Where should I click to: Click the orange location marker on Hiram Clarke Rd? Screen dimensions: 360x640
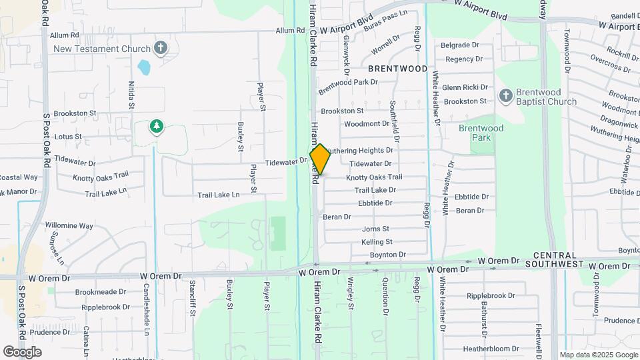320,159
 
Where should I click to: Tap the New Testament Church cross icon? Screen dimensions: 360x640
160,48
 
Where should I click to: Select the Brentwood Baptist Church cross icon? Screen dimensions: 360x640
505,97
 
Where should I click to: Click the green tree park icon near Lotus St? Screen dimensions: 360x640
157,127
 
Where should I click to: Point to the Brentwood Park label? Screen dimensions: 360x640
481,132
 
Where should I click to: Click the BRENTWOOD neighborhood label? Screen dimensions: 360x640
397,69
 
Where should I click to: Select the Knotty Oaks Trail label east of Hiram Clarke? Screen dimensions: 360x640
373,177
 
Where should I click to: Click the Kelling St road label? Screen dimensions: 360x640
377,242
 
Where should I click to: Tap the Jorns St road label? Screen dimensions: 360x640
375,229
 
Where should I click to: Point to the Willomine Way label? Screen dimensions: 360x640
69,225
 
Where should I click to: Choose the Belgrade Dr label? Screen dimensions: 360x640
460,45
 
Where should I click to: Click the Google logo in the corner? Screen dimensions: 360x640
22,351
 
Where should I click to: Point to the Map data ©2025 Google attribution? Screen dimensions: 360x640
598,355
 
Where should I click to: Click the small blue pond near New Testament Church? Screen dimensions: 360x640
143,67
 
